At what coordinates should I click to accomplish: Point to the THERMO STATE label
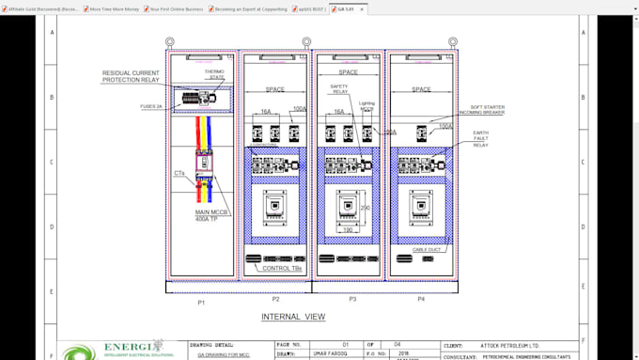(215, 73)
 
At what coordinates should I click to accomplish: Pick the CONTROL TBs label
(282, 269)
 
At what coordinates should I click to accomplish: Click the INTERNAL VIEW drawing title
(293, 317)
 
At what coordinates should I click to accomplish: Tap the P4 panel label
(422, 300)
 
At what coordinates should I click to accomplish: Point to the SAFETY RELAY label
(339, 89)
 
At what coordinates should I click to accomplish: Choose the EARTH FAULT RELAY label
(480, 139)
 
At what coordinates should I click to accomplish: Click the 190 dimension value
(348, 229)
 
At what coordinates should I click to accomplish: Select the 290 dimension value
(366, 208)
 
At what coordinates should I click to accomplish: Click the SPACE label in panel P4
(422, 89)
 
